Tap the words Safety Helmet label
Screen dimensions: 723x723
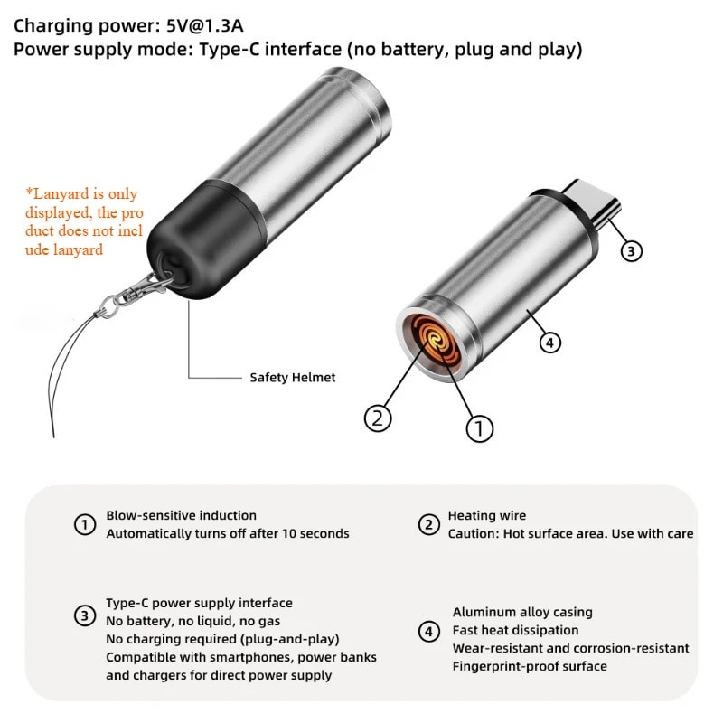coord(292,378)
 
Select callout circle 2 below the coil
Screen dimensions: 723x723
coord(378,418)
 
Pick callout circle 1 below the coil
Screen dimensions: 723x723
coord(480,427)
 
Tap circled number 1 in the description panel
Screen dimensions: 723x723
coord(84,524)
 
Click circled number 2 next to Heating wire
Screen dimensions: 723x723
coord(429,524)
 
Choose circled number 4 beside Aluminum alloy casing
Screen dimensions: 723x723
coord(429,631)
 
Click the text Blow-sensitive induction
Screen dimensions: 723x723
coord(181,515)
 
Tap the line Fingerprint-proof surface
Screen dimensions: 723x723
coord(529,666)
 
